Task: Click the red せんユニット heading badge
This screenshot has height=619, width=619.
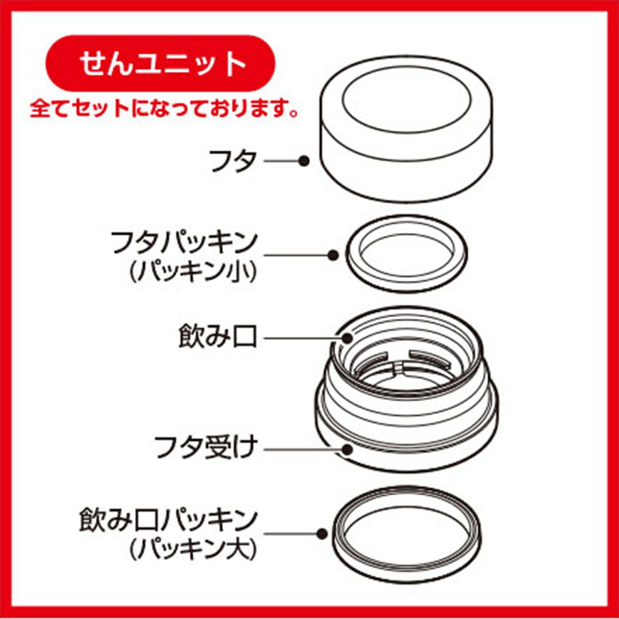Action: tap(161, 63)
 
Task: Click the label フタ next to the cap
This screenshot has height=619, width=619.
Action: tap(233, 161)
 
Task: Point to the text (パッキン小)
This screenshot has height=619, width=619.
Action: tap(193, 272)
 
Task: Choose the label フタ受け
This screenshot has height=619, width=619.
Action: tap(206, 448)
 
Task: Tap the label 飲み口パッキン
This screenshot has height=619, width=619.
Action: tap(169, 521)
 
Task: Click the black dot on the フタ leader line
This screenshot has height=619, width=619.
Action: tap(303, 161)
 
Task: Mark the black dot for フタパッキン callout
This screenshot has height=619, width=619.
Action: tap(333, 256)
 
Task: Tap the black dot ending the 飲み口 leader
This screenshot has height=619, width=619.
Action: tap(347, 339)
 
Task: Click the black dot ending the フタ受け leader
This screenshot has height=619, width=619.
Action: tap(348, 449)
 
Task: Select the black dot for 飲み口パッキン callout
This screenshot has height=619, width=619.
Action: tap(322, 534)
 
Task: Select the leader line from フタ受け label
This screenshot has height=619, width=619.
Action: tap(303, 449)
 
